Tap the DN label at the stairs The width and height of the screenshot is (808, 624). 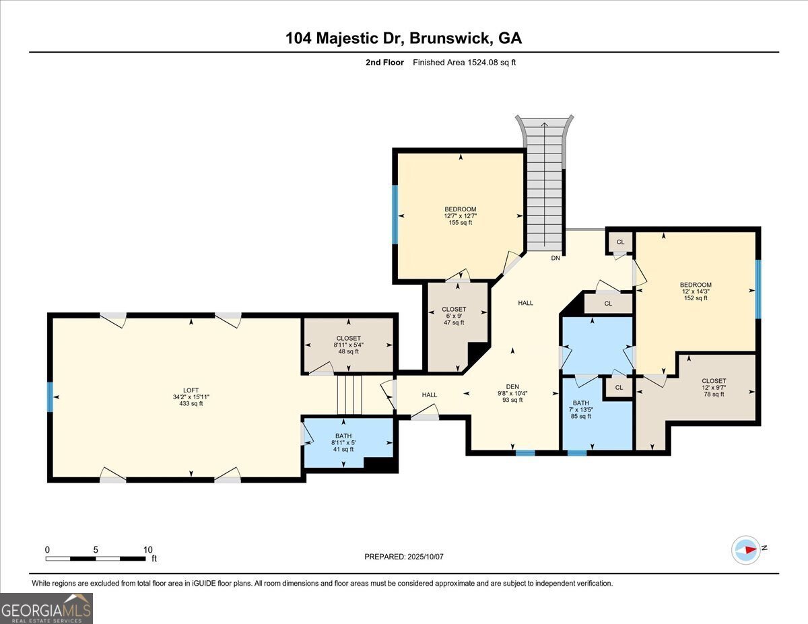click(555, 258)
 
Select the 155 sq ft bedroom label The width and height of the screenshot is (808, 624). click(461, 215)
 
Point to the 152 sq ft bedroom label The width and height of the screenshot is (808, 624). click(696, 291)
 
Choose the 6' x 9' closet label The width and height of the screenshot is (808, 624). click(454, 316)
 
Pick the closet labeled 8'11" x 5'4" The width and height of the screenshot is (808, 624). click(348, 345)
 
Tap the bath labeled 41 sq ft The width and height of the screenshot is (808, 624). click(343, 442)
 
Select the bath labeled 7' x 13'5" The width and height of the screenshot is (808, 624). click(580, 409)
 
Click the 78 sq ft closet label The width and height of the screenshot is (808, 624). click(714, 387)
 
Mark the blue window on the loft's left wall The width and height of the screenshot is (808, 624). click(49, 396)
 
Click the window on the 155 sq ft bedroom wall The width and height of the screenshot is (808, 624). click(395, 214)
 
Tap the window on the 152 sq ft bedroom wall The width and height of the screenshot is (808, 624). click(757, 289)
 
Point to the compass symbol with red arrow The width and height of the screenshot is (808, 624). click(746, 549)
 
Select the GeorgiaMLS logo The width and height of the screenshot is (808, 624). click(46, 608)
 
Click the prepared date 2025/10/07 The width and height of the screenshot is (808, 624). click(405, 557)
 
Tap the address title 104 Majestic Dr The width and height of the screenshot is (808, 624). click(403, 38)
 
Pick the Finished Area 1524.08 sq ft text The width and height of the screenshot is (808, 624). click(465, 63)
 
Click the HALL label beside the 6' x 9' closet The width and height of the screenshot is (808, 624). click(525, 303)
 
